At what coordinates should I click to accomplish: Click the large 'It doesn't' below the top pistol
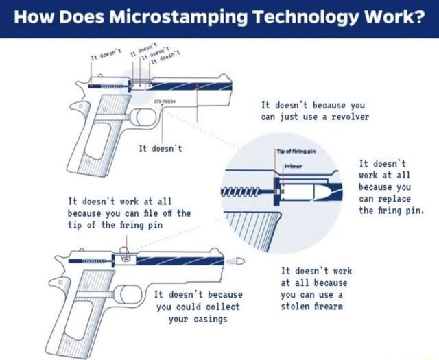pyautogui.click(x=161, y=148)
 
